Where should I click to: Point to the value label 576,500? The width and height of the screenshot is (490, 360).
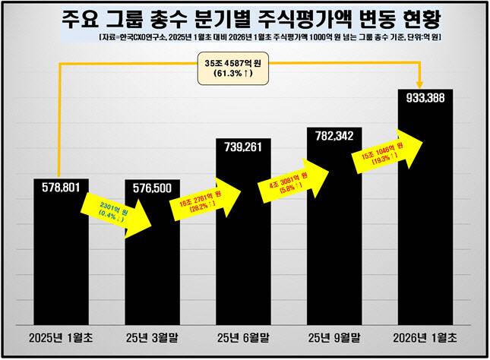[x=153, y=187]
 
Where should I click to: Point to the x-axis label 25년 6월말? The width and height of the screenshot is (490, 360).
[x=243, y=336]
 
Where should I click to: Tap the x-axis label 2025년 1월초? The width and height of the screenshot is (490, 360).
[x=61, y=336]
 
